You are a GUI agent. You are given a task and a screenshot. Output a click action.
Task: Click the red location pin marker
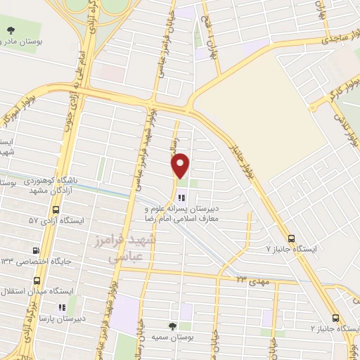click(181, 165)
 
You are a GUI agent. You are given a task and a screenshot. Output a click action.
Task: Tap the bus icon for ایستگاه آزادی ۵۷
click(56, 209)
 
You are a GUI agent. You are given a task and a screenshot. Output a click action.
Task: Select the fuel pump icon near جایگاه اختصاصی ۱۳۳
click(36, 250)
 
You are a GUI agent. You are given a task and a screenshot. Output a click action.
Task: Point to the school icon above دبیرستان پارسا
click(61, 307)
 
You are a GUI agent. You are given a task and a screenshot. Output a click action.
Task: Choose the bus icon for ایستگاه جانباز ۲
click(335, 317)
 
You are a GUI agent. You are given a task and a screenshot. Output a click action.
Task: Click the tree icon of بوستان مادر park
click(11, 30)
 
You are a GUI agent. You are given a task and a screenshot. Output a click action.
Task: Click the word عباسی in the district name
click(120, 258)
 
